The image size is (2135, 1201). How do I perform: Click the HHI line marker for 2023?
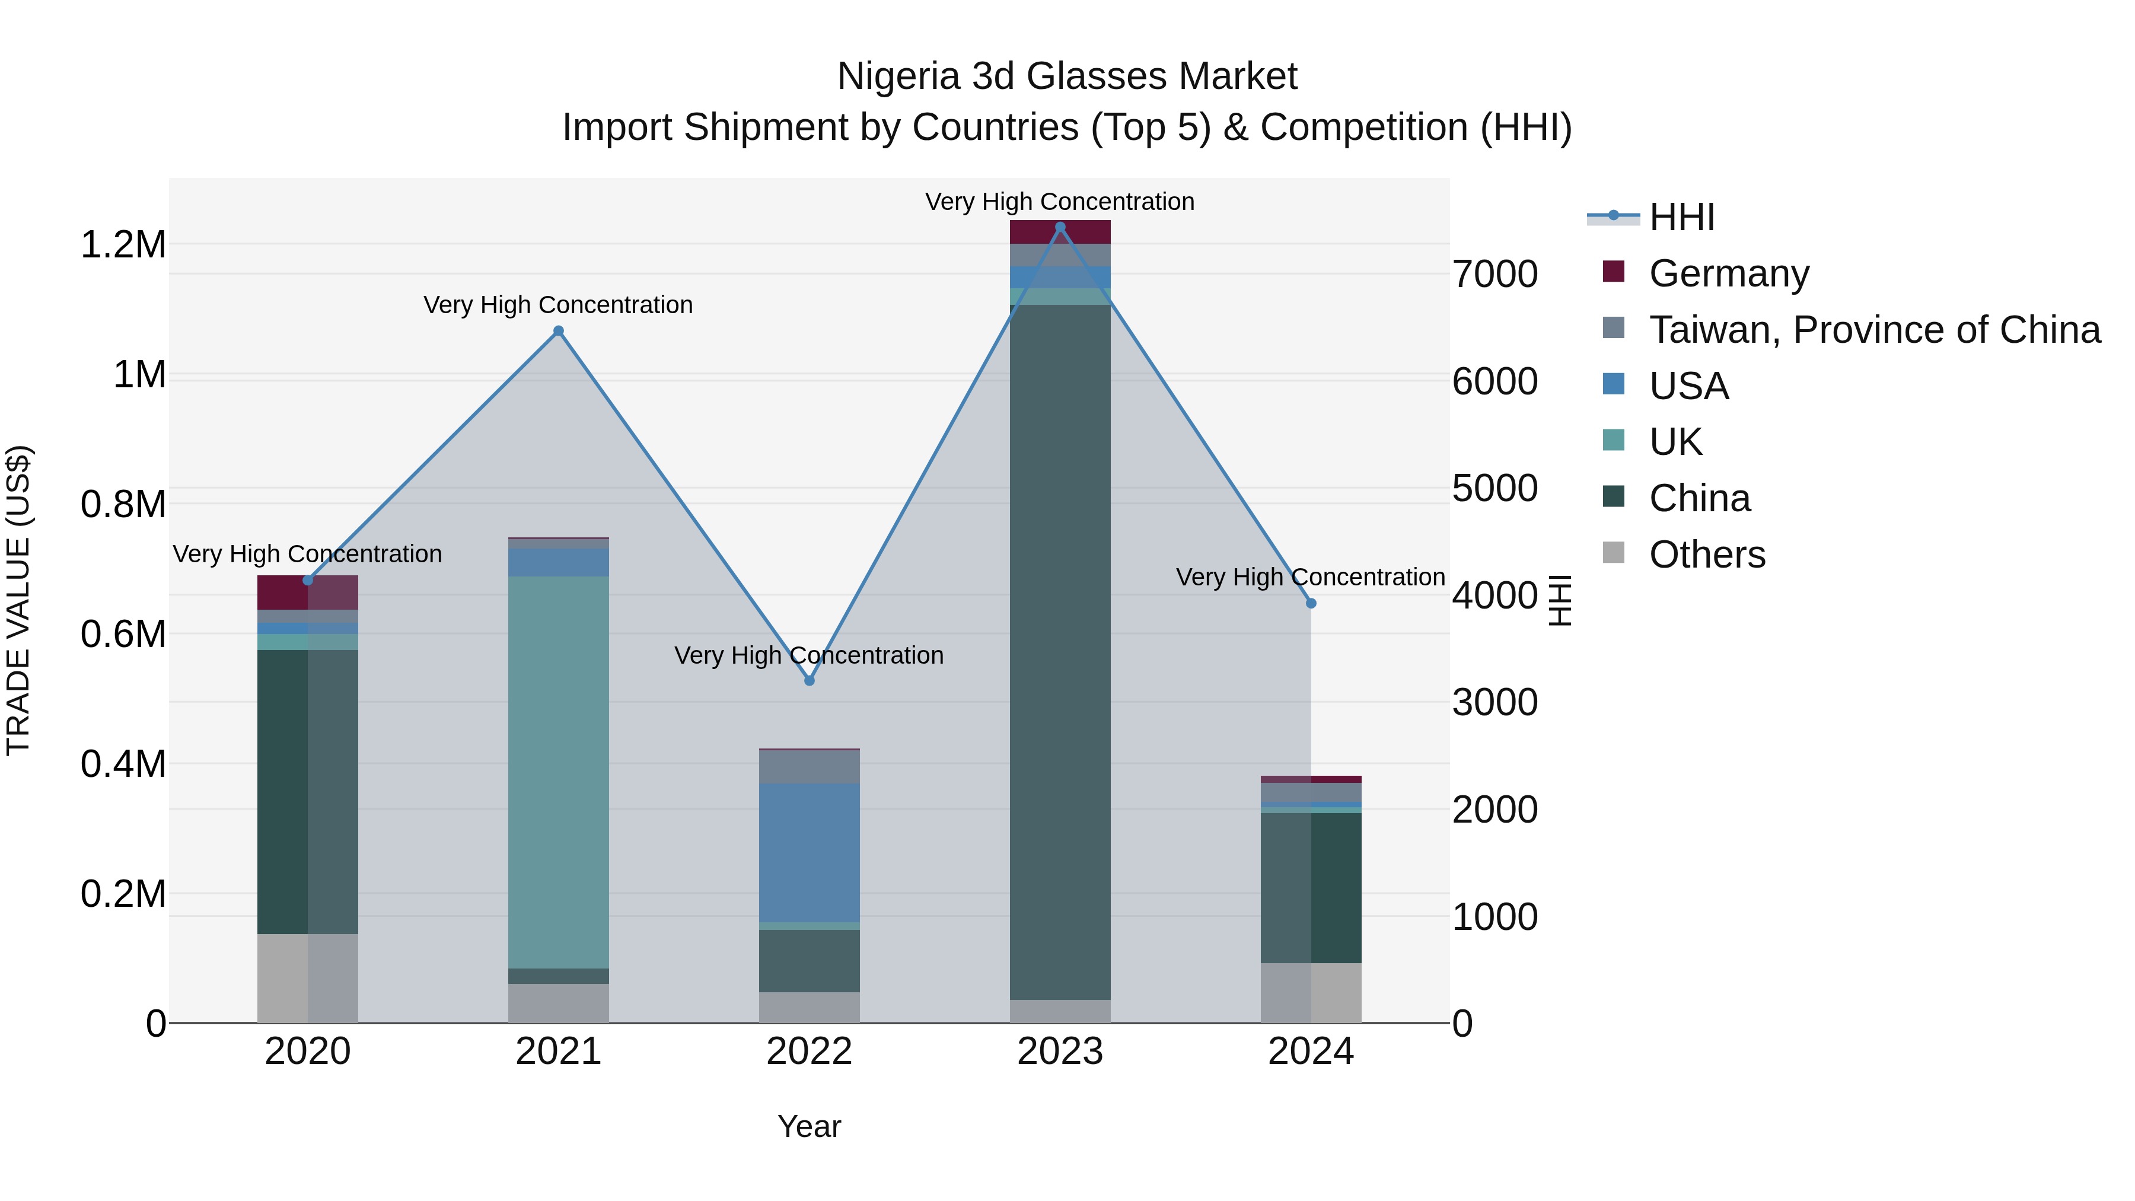point(1060,227)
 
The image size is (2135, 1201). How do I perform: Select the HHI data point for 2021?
point(559,332)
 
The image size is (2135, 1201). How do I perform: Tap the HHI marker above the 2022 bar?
point(810,680)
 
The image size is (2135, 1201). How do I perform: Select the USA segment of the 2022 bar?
point(810,852)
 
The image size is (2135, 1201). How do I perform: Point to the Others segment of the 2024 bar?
point(1311,992)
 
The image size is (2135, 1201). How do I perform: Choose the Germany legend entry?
point(1728,273)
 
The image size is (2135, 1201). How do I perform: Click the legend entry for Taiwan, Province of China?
point(1873,330)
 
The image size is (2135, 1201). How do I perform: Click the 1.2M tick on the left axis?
point(123,246)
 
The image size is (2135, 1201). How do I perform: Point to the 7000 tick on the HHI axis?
point(1495,275)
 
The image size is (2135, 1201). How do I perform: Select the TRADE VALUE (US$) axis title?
point(18,600)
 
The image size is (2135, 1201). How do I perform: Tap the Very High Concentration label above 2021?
point(559,305)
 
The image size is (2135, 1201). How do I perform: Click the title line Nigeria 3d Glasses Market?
point(1067,77)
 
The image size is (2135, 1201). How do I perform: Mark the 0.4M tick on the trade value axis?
point(123,764)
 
